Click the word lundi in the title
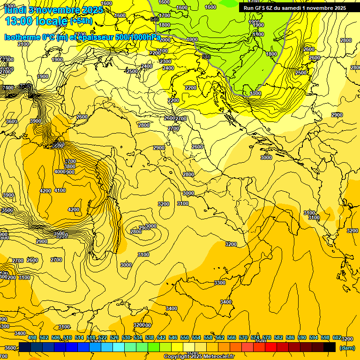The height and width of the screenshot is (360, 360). [x=15, y=9]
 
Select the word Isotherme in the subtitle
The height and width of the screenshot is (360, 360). [x=22, y=37]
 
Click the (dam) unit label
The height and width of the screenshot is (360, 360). [x=346, y=348]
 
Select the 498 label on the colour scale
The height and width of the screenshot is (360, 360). [x=32, y=338]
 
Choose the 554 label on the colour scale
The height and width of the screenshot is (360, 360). [x=196, y=338]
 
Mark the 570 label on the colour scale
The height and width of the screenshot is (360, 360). [x=243, y=338]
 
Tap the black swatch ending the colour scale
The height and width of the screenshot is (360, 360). [x=330, y=347]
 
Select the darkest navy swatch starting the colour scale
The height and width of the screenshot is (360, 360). [x=25, y=347]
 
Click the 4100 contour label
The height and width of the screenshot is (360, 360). [x=60, y=191]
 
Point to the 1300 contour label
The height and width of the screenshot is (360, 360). [x=255, y=94]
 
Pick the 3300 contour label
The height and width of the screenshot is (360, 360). [x=220, y=283]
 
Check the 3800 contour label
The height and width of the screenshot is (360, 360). [x=70, y=166]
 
